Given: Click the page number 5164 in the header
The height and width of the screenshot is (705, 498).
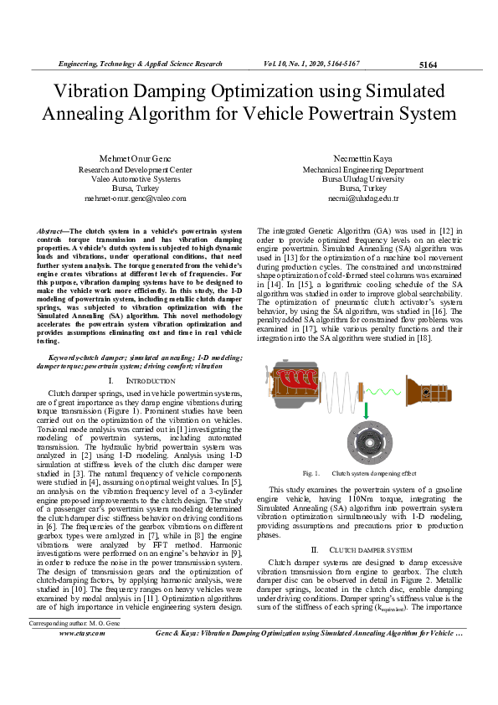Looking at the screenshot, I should (428, 64).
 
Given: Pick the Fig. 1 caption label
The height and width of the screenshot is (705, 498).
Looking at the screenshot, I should (311, 473).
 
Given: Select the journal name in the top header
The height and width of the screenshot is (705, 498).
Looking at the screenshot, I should (140, 64).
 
